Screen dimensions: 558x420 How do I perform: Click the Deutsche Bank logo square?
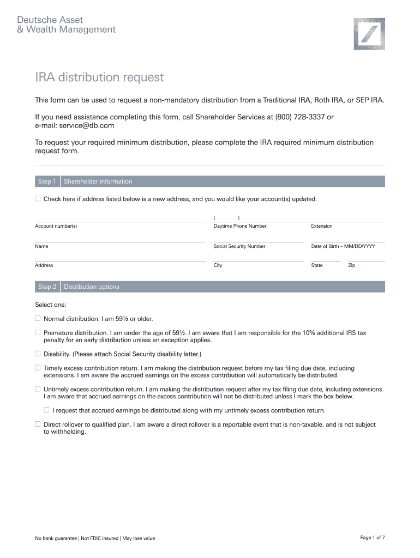[x=369, y=34]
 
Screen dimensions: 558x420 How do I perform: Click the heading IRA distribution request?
[x=99, y=77]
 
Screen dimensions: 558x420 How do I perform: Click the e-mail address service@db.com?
[x=87, y=125]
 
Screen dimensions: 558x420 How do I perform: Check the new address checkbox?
[x=38, y=199]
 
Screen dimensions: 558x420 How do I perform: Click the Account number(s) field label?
[x=56, y=226]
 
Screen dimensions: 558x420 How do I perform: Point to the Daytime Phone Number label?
[x=240, y=226]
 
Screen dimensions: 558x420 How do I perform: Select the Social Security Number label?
[x=239, y=246]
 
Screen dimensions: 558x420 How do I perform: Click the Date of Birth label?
[x=343, y=246]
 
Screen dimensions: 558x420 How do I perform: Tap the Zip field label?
[x=352, y=265]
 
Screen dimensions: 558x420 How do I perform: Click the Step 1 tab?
[x=47, y=181]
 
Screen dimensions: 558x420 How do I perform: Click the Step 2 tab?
[x=47, y=287]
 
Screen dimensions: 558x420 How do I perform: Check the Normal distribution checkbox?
[x=38, y=318]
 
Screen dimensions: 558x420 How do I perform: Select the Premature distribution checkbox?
[x=38, y=332]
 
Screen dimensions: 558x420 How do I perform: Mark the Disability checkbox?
[x=38, y=353]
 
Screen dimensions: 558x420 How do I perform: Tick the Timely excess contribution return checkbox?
[x=38, y=368]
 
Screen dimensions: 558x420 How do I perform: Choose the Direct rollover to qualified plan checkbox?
[x=38, y=424]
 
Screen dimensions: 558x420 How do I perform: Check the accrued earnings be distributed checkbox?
[x=47, y=410]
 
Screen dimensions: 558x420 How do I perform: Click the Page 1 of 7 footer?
[x=373, y=538]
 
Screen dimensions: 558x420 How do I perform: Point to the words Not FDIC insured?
[x=100, y=538]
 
